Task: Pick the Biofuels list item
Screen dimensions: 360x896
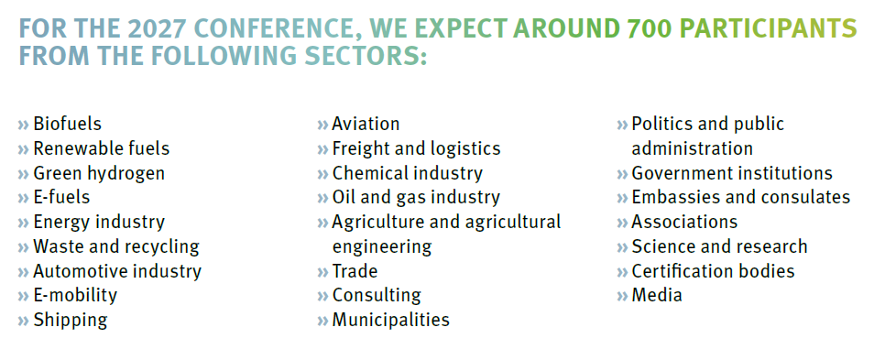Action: pyautogui.click(x=67, y=124)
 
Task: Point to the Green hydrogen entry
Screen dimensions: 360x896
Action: pyautogui.click(x=99, y=173)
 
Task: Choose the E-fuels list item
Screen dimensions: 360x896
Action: pyautogui.click(x=61, y=197)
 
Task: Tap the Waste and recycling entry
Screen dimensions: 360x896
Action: pyautogui.click(x=115, y=246)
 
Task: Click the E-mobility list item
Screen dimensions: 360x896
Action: pyautogui.click(x=75, y=296)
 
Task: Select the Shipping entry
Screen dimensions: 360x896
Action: pyautogui.click(x=70, y=321)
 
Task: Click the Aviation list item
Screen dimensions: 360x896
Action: pyautogui.click(x=366, y=124)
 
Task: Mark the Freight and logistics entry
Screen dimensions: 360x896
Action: pyautogui.click(x=416, y=148)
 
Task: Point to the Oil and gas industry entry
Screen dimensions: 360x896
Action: pyautogui.click(x=416, y=197)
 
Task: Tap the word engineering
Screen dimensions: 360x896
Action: pyautogui.click(x=381, y=246)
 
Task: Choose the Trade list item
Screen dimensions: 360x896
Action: pyautogui.click(x=355, y=271)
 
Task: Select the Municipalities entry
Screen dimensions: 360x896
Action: pyautogui.click(x=390, y=321)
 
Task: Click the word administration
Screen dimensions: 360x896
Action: pyautogui.click(x=692, y=148)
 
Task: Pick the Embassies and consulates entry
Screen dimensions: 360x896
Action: pyautogui.click(x=740, y=197)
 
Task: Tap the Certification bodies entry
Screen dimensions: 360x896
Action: pyautogui.click(x=713, y=271)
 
